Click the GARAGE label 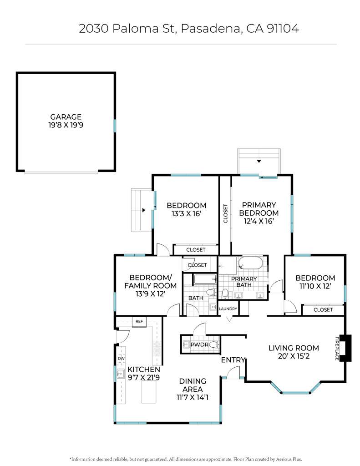pyautogui.click(x=66, y=117)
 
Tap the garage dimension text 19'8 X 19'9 pyautogui.click(x=66, y=125)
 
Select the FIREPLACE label pyautogui.click(x=337, y=348)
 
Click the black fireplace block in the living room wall pyautogui.click(x=346, y=348)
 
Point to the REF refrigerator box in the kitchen pyautogui.click(x=139, y=322)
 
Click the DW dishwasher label pyautogui.click(x=121, y=359)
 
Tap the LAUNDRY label pyautogui.click(x=228, y=309)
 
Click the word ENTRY pyautogui.click(x=233, y=360)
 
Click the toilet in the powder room pyautogui.click(x=214, y=345)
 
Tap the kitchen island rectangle pyautogui.click(x=149, y=392)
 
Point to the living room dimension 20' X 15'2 pyautogui.click(x=294, y=356)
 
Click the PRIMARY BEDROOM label pyautogui.click(x=259, y=209)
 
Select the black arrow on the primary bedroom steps pyautogui.click(x=259, y=161)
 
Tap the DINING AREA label pyautogui.click(x=193, y=385)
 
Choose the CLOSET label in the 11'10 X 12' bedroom pyautogui.click(x=323, y=309)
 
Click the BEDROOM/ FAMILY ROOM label pyautogui.click(x=151, y=282)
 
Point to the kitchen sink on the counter pyautogui.click(x=121, y=374)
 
